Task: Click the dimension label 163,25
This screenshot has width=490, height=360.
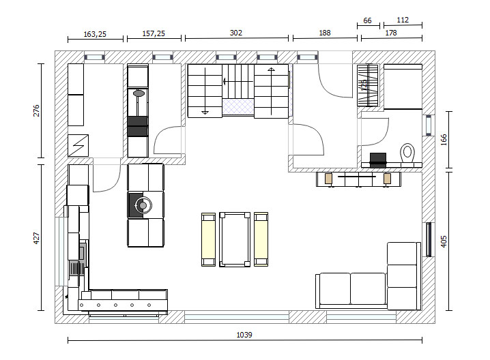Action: [x=95, y=34]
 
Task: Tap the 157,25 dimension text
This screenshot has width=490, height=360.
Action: [x=154, y=33]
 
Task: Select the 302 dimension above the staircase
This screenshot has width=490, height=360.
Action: [x=236, y=33]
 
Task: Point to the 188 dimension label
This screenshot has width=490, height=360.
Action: [x=325, y=33]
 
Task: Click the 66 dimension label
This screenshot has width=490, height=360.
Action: [x=367, y=20]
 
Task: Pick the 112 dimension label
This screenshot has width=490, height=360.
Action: [x=403, y=20]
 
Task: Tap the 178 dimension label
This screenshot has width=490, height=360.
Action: [x=391, y=33]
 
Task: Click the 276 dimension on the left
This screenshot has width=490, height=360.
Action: [x=36, y=111]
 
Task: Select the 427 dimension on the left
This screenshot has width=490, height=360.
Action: [x=36, y=238]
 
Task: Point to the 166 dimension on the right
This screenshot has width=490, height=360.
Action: [x=444, y=140]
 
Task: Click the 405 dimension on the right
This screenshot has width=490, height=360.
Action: [x=444, y=241]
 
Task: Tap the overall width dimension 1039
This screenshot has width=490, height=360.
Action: [x=244, y=335]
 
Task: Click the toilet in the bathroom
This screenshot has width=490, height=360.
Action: [x=407, y=153]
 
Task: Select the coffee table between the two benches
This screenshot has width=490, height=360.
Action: [x=235, y=239]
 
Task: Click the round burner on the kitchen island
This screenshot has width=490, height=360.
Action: [x=143, y=205]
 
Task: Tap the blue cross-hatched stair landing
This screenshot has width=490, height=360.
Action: [x=237, y=107]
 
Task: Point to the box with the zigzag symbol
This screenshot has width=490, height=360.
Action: [x=78, y=145]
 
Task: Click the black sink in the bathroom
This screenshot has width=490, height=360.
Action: [x=378, y=160]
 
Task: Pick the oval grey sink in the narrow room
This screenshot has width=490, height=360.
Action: [x=139, y=93]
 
